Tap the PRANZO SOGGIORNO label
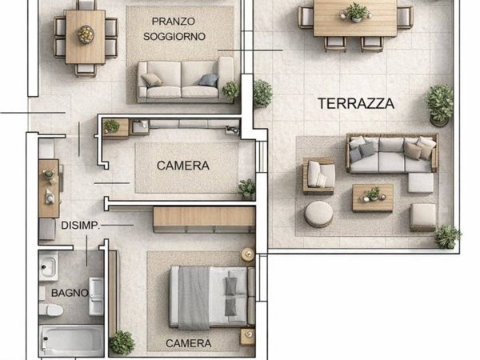pos(174,29)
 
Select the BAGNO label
pos(69,293)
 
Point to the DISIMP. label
pos(80,226)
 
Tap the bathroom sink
pos(49,266)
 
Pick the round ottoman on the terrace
pos(319,214)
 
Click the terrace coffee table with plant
pos(373,197)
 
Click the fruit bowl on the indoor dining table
pos(85,34)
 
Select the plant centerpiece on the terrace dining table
pos(354,12)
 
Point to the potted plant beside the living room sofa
pos(231,90)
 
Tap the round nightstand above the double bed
pos(247,254)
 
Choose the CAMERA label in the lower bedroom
pos(189,343)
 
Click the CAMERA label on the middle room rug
pos(183,166)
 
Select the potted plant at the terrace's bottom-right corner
pos(446,235)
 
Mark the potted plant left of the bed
pos(122,342)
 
